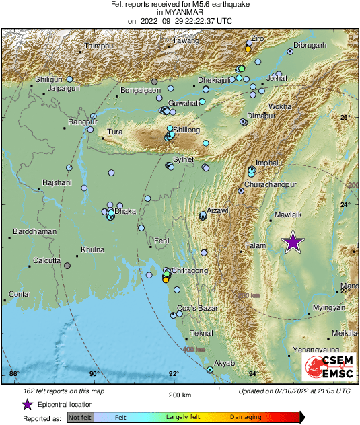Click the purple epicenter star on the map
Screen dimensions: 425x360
click(292, 242)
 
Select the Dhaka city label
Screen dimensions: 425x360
click(126, 211)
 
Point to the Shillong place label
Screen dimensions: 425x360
click(187, 130)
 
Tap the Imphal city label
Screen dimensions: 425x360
click(266, 163)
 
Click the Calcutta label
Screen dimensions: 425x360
click(48, 260)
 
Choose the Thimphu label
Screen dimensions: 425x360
click(98, 46)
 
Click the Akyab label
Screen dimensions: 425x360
click(224, 363)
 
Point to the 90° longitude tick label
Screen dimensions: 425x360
click(94, 374)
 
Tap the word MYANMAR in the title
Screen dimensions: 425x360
click(180, 12)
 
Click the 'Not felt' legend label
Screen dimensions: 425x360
click(81, 417)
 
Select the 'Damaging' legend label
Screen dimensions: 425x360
click(246, 417)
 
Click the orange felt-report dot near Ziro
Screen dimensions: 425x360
click(248, 49)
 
